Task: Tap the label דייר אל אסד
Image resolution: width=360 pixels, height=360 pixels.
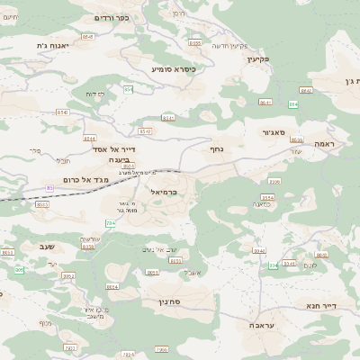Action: [113, 149]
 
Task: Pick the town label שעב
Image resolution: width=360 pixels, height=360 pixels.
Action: [48, 246]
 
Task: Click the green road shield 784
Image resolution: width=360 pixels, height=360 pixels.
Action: [110, 222]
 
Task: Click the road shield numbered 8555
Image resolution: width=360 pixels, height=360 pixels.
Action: [194, 42]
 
